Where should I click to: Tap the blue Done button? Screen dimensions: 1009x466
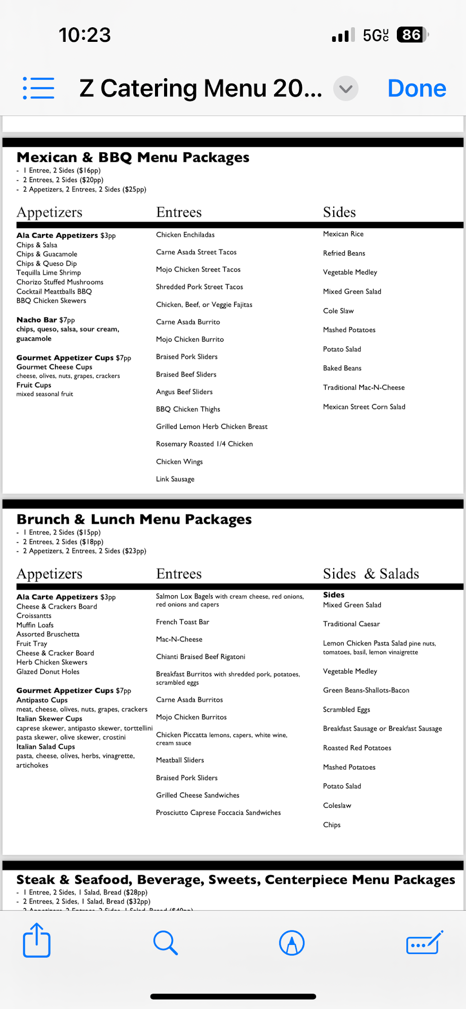pyautogui.click(x=417, y=88)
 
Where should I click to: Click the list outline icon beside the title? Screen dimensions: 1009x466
pyautogui.click(x=39, y=88)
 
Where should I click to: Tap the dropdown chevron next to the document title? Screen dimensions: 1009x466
pyautogui.click(x=346, y=89)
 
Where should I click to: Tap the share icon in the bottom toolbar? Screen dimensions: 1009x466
pyautogui.click(x=37, y=940)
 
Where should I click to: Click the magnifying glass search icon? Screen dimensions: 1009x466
pyautogui.click(x=165, y=942)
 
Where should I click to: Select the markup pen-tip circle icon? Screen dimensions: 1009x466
pyautogui.click(x=292, y=942)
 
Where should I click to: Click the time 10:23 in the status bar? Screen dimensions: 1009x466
pyautogui.click(x=84, y=35)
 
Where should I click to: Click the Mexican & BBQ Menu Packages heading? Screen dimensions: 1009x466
pyautogui.click(x=133, y=157)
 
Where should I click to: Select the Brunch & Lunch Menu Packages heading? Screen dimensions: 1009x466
pyautogui.click(x=134, y=519)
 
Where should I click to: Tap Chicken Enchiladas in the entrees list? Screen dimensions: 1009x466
pyautogui.click(x=185, y=235)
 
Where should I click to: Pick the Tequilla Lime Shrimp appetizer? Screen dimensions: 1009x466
pyautogui.click(x=48, y=272)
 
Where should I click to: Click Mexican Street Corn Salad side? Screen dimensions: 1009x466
pyautogui.click(x=364, y=407)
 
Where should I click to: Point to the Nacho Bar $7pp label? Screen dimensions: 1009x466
pyautogui.click(x=45, y=320)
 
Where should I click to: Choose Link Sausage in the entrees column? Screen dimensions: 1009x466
pyautogui.click(x=175, y=479)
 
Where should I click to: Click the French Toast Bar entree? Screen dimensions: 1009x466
pyautogui.click(x=182, y=622)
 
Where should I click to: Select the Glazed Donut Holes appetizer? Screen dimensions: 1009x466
pyautogui.click(x=48, y=671)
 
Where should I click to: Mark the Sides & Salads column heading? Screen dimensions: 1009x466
pyautogui.click(x=371, y=574)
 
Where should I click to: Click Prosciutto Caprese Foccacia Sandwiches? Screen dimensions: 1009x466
pyautogui.click(x=218, y=812)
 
